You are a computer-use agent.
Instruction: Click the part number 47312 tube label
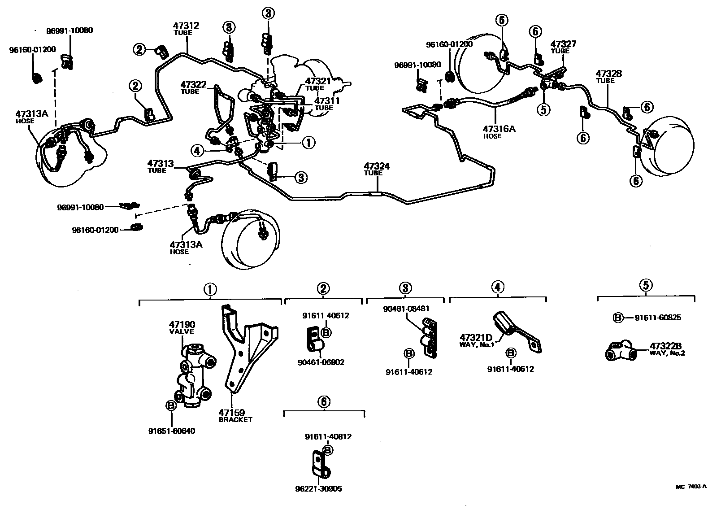[186, 26]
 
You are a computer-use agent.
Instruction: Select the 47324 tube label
[377, 166]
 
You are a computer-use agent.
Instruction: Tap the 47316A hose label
[499, 129]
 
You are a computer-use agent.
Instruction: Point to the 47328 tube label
[608, 74]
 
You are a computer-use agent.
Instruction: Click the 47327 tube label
[563, 44]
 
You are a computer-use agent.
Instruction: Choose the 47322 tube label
[193, 84]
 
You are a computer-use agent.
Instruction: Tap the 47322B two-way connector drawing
[621, 351]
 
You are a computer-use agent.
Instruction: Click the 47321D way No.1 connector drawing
[516, 332]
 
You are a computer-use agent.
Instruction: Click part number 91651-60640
[172, 431]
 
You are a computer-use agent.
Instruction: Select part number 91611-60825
[658, 318]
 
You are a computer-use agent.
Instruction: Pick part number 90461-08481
[406, 309]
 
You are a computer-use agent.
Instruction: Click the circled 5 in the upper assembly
[544, 109]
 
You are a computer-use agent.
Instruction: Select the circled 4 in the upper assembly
[197, 150]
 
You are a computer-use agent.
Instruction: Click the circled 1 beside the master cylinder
[308, 143]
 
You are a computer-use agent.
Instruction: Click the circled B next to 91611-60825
[617, 318]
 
